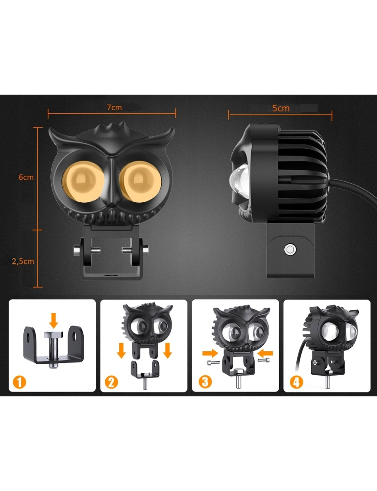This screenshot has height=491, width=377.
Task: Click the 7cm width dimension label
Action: coord(114,107)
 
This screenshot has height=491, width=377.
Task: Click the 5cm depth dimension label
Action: coord(281,108)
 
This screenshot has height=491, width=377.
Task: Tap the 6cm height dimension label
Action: coord(26,177)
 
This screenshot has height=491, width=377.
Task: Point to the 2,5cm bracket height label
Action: coord(23,261)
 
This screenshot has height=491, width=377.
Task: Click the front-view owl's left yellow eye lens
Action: coord(83,181)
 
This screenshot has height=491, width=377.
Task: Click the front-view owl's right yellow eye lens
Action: coord(140,181)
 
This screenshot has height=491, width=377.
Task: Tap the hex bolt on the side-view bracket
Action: coord(290,250)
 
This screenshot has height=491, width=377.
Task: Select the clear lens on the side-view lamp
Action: coord(239,179)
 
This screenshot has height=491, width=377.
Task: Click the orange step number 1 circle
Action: coord(19,382)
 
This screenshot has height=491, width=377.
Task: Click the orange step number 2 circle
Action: coord(111,382)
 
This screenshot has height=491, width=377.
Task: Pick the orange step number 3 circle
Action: coord(205,382)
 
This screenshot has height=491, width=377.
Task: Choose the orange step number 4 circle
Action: coord(297,382)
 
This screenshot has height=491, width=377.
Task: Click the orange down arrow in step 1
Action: coord(53,320)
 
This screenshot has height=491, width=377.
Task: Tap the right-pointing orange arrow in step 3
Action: coord(210,353)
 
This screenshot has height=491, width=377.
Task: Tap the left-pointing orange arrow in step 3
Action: coord(265,353)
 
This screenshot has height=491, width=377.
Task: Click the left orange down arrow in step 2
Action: coord(121,350)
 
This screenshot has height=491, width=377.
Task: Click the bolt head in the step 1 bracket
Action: coord(53,335)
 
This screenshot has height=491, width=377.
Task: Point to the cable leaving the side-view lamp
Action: coord(353,189)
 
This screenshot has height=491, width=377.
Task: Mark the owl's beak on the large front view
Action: coord(112,181)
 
